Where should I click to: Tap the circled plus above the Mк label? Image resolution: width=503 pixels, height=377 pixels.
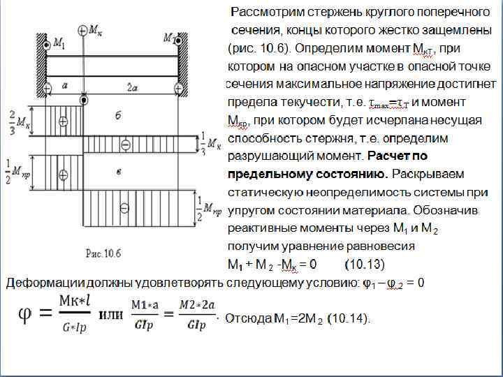[84, 30]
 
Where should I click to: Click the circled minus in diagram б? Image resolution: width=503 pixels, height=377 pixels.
[126, 145]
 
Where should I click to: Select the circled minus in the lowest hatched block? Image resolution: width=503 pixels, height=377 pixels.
[124, 207]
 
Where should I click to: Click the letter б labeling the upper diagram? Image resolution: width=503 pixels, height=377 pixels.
[118, 113]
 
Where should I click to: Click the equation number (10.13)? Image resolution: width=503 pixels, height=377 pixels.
[364, 264]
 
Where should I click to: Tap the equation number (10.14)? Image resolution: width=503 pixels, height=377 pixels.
[350, 318]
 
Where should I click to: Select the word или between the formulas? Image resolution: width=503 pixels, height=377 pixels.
[111, 314]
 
